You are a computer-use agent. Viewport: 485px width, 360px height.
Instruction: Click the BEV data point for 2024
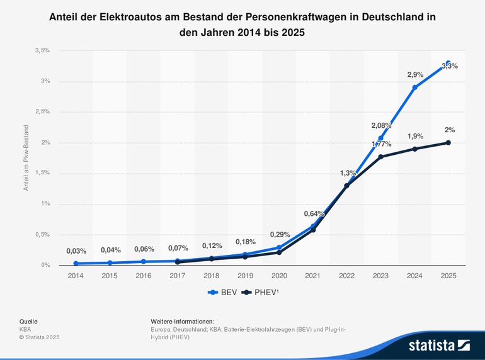[414, 87]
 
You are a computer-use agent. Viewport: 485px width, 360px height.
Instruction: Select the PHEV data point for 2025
[448, 143]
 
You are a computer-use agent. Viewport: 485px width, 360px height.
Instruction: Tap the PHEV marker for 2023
[380, 157]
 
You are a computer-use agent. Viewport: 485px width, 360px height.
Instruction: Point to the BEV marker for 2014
[76, 264]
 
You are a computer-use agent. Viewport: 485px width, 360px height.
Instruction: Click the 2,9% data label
[414, 75]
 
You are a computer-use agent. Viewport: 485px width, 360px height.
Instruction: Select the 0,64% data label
[313, 213]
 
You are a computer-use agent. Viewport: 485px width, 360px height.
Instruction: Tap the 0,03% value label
[76, 251]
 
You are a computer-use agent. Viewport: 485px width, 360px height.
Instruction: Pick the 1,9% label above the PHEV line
[414, 136]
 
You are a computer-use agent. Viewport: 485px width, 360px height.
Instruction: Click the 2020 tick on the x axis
[279, 276]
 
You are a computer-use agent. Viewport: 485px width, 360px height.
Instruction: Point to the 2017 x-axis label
[178, 276]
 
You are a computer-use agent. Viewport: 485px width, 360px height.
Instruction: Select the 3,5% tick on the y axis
[42, 50]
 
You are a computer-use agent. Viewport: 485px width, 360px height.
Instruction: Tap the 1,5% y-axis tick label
[42, 173]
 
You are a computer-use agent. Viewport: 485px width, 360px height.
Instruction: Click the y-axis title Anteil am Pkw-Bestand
[26, 158]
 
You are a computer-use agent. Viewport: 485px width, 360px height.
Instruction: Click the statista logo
[438, 345]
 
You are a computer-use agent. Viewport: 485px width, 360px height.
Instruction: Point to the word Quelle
[28, 321]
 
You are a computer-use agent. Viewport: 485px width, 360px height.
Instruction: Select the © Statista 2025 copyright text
[39, 337]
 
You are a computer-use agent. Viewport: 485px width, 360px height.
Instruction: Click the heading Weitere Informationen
[182, 321]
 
